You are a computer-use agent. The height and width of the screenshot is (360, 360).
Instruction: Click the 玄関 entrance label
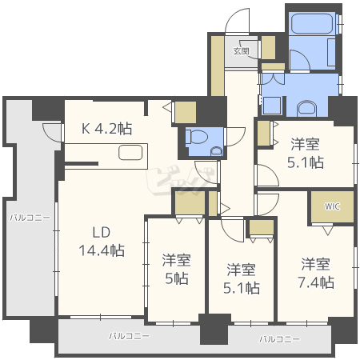pyautogui.click(x=241, y=51)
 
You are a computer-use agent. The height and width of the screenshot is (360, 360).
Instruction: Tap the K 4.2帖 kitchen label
pyautogui.click(x=106, y=129)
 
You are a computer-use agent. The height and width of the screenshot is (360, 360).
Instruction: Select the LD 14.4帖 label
pyautogui.click(x=102, y=242)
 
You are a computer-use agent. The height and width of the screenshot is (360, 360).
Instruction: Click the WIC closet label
pyautogui.click(x=332, y=206)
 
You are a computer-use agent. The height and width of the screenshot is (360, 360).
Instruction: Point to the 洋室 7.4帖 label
pyautogui.click(x=316, y=273)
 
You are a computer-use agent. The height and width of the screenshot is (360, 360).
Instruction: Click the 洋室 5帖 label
pyautogui.click(x=177, y=270)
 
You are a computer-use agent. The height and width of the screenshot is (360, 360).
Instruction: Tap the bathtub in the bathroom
pyautogui.click(x=312, y=24)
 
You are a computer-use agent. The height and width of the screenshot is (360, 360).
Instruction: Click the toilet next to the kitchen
pyautogui.click(x=197, y=137)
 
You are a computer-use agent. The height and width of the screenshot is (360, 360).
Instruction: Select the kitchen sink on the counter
pyautogui.click(x=130, y=153)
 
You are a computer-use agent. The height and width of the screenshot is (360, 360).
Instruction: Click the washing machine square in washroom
pyautogui.click(x=272, y=106)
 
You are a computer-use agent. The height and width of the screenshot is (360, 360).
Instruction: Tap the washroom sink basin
pyautogui.click(x=306, y=108)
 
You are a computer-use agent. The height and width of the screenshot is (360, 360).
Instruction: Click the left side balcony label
pyautogui.click(x=30, y=218)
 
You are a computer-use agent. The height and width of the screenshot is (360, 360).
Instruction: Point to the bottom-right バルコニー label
pyautogui.click(x=279, y=339)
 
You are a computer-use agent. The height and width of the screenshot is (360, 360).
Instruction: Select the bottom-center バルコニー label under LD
pyautogui.click(x=129, y=335)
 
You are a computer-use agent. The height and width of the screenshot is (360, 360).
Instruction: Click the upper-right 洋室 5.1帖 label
pyautogui.click(x=306, y=153)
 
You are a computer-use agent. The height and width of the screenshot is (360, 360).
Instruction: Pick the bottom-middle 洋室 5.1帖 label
pyautogui.click(x=242, y=278)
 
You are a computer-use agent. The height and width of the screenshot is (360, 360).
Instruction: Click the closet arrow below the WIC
pyautogui.click(x=327, y=230)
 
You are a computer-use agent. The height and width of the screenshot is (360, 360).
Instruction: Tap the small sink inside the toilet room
pyautogui.click(x=216, y=151)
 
